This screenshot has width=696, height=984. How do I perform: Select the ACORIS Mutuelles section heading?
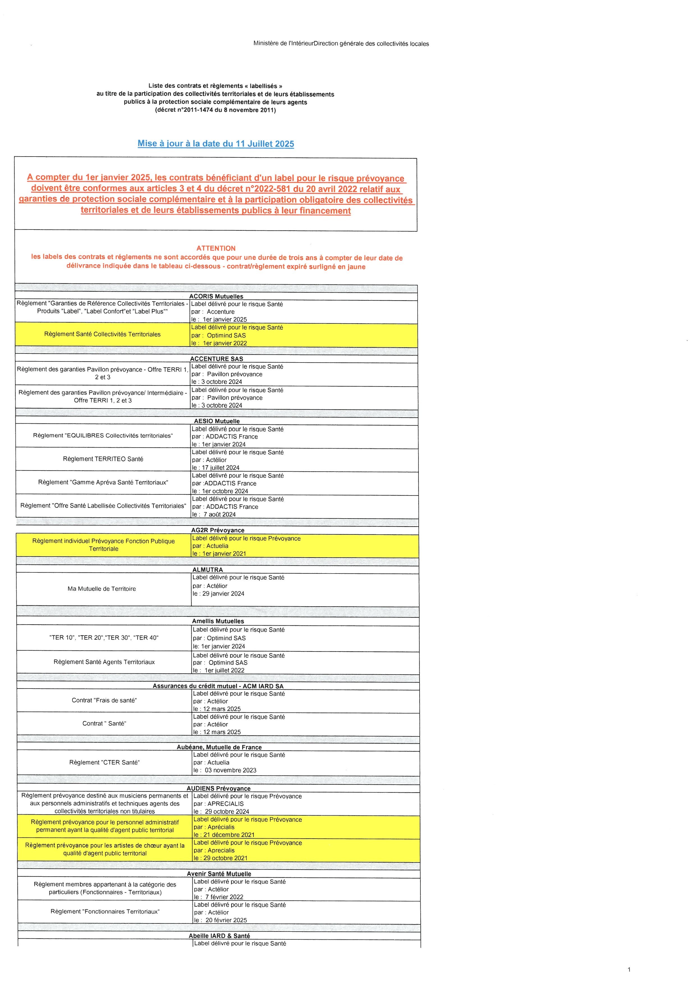pyautogui.click(x=216, y=296)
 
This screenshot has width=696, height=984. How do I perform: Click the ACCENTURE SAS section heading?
pyautogui.click(x=216, y=359)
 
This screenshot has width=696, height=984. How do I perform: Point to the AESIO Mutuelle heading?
pyautogui.click(x=217, y=421)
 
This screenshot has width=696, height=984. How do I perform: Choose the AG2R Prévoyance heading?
pyautogui.click(x=218, y=530)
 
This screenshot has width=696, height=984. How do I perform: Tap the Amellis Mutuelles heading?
pyautogui.click(x=218, y=621)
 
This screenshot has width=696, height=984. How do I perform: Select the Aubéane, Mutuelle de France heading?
pyautogui.click(x=219, y=747)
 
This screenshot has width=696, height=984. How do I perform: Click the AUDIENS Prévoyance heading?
pyautogui.click(x=219, y=788)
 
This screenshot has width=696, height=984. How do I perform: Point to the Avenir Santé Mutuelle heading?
pyautogui.click(x=219, y=873)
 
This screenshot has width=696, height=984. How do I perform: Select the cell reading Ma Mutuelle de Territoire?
pyautogui.click(x=102, y=589)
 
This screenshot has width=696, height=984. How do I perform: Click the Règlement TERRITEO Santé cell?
pyautogui.click(x=103, y=459)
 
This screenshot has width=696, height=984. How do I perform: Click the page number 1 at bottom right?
pyautogui.click(x=629, y=969)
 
